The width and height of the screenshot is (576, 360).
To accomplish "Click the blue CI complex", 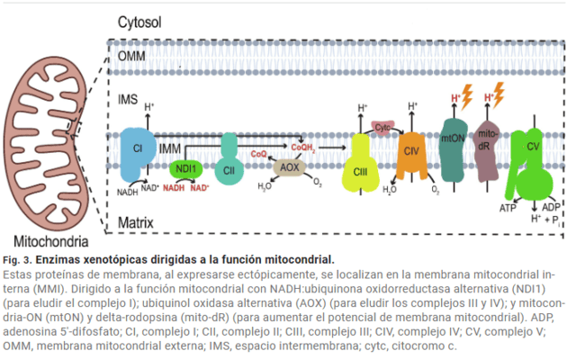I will pyautogui.click(x=138, y=149).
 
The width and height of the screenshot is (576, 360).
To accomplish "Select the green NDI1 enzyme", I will pyautogui.click(x=185, y=168).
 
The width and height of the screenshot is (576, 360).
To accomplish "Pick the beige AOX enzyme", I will pyautogui.click(x=289, y=167).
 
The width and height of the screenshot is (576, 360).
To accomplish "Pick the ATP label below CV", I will pyautogui.click(x=508, y=208).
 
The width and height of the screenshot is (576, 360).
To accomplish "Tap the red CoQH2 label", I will pyautogui.click(x=303, y=146).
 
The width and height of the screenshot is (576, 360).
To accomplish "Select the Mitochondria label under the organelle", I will pyautogui.click(x=50, y=241).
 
